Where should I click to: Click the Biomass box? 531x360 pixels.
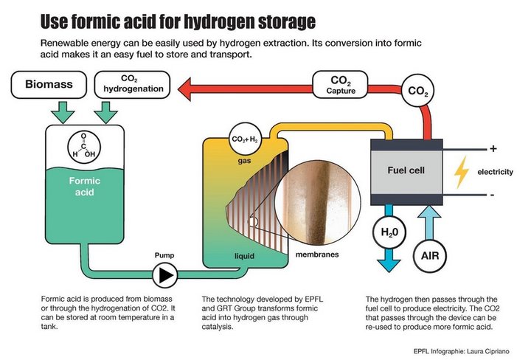(51, 85)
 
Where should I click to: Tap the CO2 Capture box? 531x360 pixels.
(340, 84)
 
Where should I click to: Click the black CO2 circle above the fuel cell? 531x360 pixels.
(417, 91)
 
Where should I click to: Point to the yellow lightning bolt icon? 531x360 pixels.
(462, 173)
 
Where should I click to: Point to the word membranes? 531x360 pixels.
(317, 255)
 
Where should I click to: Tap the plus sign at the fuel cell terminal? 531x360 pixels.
(493, 148)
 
